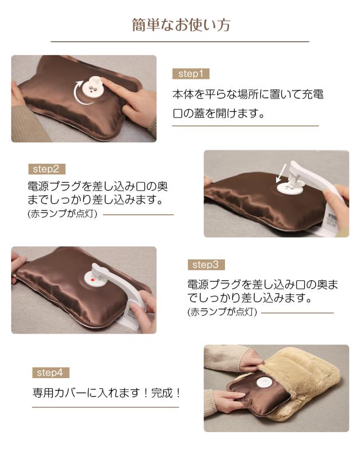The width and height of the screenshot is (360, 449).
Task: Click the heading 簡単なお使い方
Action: (180, 25)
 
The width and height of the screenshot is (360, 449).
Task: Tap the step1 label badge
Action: (190, 74)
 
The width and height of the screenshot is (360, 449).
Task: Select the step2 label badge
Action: (46, 168)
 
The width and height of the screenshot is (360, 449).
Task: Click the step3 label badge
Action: (206, 264)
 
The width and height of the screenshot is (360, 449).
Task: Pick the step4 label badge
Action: (51, 372)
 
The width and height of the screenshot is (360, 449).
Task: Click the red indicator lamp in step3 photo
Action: (91, 280)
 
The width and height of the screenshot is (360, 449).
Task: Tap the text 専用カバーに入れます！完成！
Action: (106, 393)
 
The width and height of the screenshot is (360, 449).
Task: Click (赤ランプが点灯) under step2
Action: (62, 214)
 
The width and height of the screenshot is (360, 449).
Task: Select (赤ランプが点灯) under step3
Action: (222, 311)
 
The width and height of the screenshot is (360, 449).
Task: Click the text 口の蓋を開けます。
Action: (218, 113)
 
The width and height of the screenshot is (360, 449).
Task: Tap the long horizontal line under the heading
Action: (180, 42)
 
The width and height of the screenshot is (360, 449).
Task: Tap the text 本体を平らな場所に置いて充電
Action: (247, 94)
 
